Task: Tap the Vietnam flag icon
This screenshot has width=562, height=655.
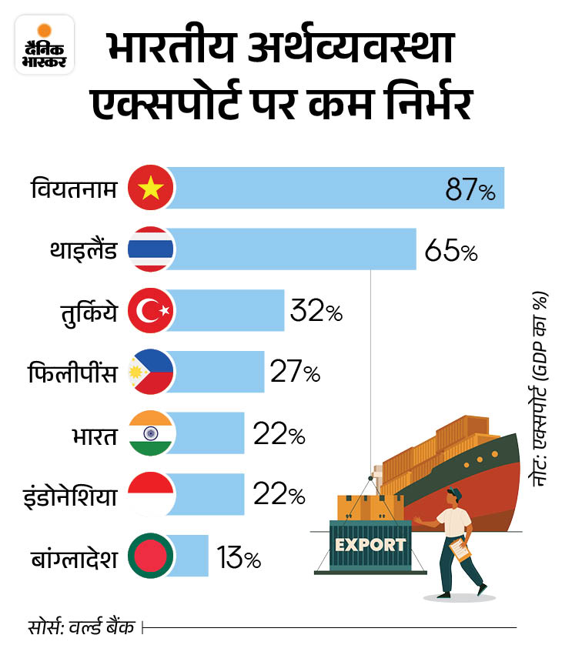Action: [x=152, y=188]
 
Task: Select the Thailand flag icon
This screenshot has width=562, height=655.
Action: [x=152, y=249]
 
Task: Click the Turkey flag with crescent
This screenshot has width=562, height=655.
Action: [x=152, y=311]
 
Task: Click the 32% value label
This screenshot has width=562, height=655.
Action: [x=316, y=313]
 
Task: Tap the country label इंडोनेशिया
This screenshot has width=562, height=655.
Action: [x=69, y=496]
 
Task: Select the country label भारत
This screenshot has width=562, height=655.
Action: [x=92, y=436]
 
